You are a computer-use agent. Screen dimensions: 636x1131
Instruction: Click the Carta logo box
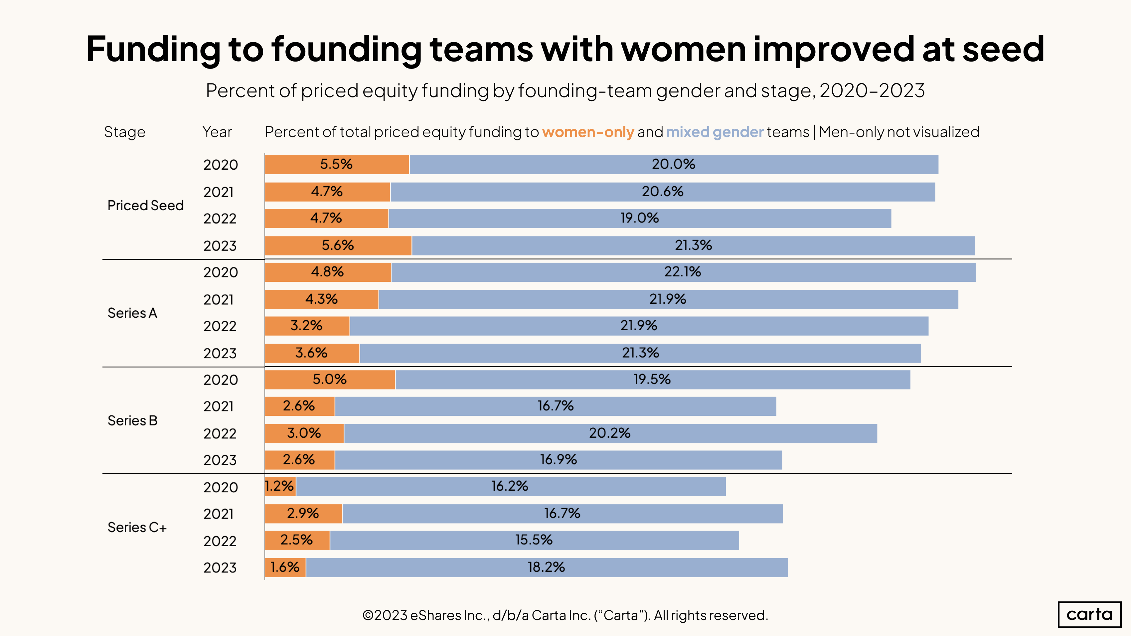(x=1089, y=614)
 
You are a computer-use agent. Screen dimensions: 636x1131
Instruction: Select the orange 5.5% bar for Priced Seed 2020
(x=337, y=165)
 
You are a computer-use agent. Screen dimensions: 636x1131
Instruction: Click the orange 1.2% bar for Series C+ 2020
(x=280, y=486)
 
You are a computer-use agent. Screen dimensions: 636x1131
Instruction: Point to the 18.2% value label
(x=546, y=567)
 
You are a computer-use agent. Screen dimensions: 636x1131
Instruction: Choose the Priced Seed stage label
(x=145, y=206)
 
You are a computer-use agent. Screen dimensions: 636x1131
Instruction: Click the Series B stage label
(x=132, y=420)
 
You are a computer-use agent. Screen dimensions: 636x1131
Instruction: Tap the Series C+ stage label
(x=137, y=527)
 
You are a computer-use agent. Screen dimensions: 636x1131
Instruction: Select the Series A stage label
(x=132, y=313)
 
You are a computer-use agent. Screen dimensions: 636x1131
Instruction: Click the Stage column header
(x=124, y=132)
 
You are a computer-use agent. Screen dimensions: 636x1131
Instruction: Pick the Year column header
(x=217, y=132)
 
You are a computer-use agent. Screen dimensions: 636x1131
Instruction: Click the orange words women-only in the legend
(x=588, y=132)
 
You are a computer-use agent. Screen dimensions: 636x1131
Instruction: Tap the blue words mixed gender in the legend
(x=715, y=132)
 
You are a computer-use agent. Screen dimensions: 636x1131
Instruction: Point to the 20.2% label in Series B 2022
(x=609, y=433)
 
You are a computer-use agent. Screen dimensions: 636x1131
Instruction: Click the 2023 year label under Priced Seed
(x=220, y=246)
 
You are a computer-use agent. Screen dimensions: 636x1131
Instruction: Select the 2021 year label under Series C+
(x=218, y=514)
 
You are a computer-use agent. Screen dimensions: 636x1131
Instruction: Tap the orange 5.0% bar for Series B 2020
(x=329, y=380)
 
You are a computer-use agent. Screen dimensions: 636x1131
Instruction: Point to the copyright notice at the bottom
(x=565, y=615)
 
